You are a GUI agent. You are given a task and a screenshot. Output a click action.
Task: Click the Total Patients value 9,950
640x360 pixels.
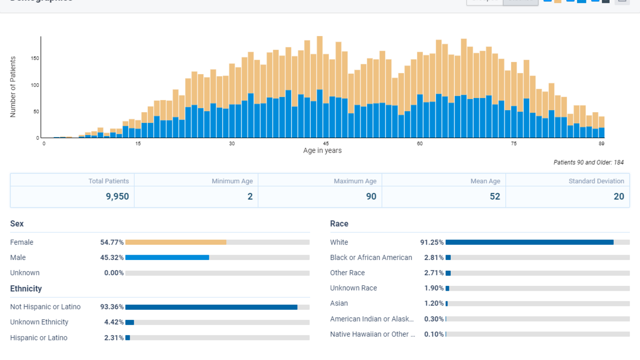(x=118, y=197)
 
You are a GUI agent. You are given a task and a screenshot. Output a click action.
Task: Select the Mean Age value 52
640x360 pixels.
(x=495, y=197)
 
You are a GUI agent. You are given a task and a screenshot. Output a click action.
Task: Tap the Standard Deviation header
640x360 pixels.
(x=596, y=181)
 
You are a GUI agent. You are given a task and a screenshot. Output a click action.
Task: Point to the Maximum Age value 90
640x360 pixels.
(x=371, y=197)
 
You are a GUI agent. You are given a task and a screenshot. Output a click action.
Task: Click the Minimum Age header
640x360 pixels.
(x=232, y=181)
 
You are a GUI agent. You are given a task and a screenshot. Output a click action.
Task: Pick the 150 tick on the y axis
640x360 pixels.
(x=35, y=59)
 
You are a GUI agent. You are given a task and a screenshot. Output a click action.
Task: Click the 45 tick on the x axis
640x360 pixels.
(x=326, y=143)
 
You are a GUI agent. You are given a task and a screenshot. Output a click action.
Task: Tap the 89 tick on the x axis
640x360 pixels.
(x=601, y=143)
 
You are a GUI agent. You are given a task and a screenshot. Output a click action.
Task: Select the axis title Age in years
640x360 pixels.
(x=322, y=151)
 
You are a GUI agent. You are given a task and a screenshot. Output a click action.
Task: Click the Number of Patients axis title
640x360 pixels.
(x=13, y=87)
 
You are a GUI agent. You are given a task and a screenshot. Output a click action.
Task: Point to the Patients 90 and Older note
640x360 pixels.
(x=588, y=162)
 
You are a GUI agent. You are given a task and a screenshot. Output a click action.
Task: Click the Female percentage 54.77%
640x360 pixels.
(x=112, y=242)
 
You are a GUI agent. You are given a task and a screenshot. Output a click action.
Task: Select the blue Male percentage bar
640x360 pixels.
(x=167, y=258)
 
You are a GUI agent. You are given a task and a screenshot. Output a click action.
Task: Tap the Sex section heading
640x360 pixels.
(x=17, y=224)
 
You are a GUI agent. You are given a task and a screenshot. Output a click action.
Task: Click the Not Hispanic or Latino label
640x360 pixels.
(x=45, y=307)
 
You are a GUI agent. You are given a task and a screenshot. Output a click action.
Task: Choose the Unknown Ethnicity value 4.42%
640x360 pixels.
(x=114, y=322)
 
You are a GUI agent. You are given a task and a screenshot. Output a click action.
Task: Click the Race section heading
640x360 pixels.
(x=339, y=224)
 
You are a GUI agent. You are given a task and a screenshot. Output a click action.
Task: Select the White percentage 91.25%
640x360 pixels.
(x=432, y=242)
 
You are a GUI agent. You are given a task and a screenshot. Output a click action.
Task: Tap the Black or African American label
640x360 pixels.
(x=371, y=258)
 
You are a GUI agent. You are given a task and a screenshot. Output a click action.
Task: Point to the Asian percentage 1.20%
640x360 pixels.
(x=434, y=303)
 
